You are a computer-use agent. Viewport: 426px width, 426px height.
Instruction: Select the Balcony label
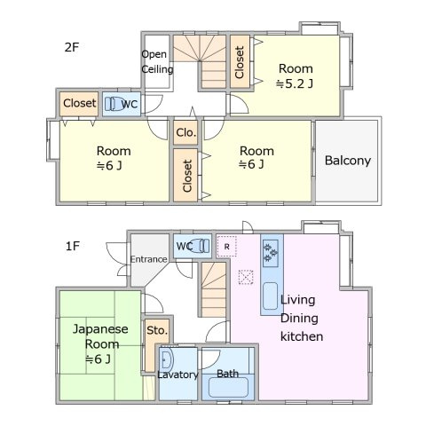[x=347, y=161]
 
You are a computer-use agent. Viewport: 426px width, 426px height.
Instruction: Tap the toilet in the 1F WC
[x=201, y=246]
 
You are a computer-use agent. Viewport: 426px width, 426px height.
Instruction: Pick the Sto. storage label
[x=156, y=329]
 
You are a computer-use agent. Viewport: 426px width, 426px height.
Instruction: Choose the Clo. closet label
[x=185, y=133]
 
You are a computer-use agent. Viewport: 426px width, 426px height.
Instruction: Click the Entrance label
[x=148, y=259]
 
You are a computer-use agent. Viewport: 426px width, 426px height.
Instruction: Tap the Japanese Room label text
[x=100, y=335]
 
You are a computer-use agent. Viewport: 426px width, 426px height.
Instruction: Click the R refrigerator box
[x=227, y=245]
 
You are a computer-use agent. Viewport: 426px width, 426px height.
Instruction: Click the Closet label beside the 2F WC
[x=79, y=103]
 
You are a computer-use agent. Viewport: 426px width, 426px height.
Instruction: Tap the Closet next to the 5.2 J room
[x=240, y=61]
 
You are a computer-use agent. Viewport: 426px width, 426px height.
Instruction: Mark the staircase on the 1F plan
[x=212, y=288]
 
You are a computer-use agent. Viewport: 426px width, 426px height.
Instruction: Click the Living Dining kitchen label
[x=302, y=318]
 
